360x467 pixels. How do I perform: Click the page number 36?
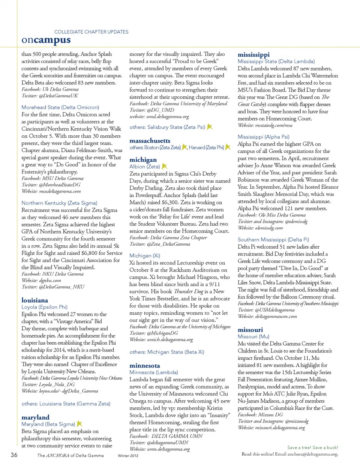(14, 455)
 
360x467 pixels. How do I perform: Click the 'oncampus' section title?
(46, 40)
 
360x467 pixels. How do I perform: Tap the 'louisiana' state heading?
(34, 300)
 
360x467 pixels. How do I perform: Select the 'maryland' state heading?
(35, 417)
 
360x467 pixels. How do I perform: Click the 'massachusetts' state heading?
(150, 141)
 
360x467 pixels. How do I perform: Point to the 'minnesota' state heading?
(144, 365)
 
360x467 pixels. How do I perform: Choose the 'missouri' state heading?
(250, 330)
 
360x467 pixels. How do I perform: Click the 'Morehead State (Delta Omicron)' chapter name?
(60, 107)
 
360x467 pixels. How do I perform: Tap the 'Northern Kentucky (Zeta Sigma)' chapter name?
(59, 203)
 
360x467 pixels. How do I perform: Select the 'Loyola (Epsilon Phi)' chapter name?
(44, 307)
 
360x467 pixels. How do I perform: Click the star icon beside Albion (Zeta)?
(164, 166)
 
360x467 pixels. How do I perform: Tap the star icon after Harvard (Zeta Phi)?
(228, 147)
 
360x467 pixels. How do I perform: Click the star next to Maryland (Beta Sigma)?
(79, 423)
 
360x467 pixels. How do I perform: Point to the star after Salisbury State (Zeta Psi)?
(210, 127)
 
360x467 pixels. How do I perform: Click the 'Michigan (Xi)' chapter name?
(144, 255)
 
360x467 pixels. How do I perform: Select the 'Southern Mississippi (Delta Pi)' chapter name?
(273, 239)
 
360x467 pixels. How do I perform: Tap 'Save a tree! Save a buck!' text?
(312, 447)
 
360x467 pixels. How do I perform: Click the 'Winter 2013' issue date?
(128, 456)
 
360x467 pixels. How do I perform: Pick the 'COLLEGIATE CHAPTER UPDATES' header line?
(91, 32)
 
